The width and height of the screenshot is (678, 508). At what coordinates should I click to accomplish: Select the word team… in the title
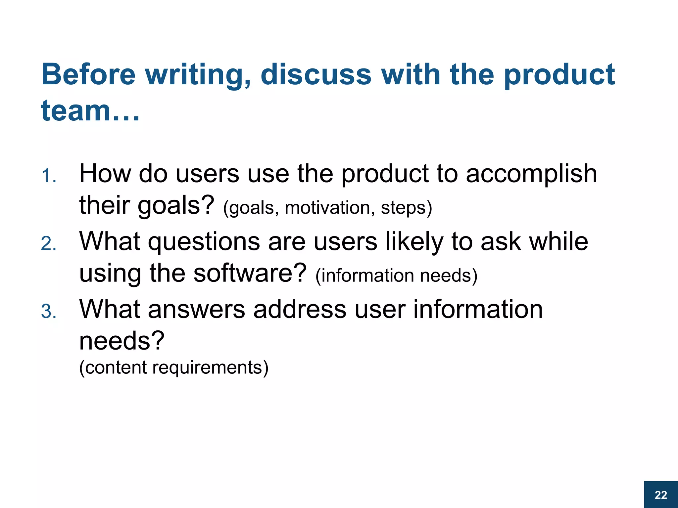(90, 110)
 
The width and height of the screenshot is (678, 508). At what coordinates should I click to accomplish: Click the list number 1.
(49, 176)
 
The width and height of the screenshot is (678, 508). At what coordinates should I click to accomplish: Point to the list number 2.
(49, 244)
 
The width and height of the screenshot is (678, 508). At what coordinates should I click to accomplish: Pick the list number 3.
(49, 312)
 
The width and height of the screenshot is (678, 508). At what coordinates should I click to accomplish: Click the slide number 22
(661, 495)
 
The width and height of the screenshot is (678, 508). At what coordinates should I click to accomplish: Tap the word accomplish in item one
(531, 174)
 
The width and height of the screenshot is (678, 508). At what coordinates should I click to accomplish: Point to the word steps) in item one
(406, 208)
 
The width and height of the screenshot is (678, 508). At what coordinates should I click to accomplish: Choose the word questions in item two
(204, 241)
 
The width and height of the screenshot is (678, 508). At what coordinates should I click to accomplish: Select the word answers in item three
(197, 309)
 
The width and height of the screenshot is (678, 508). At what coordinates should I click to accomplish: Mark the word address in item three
(300, 309)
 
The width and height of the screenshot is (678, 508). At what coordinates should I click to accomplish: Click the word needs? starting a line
(122, 341)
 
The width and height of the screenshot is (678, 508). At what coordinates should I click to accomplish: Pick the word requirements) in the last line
(210, 367)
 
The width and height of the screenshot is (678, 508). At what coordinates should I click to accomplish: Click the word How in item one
(105, 174)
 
